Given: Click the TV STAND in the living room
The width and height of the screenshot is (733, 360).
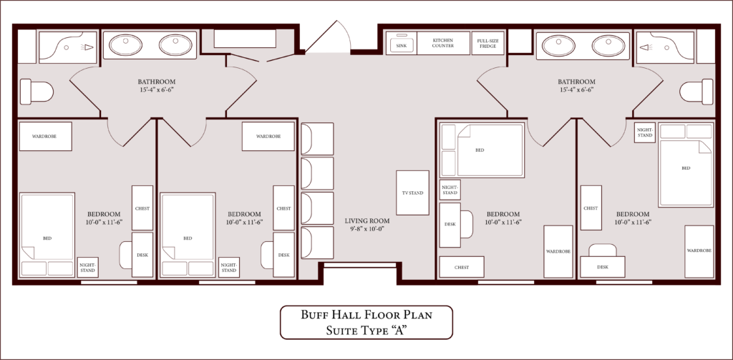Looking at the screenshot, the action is click(412, 193).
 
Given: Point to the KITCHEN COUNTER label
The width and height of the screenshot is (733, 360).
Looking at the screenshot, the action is click(442, 43).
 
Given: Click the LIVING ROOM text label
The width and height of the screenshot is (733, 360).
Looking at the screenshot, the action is click(367, 220).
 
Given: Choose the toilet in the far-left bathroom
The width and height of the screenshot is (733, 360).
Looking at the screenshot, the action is click(37, 91).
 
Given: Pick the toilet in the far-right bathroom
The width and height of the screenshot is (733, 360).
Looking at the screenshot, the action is click(696, 91).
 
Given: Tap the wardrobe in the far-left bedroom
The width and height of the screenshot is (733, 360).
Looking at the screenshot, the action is click(45, 137).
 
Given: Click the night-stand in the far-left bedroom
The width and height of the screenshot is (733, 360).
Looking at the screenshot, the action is click(87, 267).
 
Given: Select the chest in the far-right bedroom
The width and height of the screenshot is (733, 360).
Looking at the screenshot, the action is click(591, 208).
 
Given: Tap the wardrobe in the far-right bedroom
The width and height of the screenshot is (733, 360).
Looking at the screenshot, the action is click(699, 251).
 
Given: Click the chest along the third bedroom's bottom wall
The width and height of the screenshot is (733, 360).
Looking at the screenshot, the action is click(462, 267).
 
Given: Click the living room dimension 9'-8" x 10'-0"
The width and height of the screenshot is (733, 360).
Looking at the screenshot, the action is click(367, 229).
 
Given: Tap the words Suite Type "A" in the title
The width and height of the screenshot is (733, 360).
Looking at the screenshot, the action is click(366, 330).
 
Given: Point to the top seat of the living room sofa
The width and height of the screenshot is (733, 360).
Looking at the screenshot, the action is click(317, 138).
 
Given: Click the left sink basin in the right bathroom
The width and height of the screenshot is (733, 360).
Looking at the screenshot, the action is click(558, 45).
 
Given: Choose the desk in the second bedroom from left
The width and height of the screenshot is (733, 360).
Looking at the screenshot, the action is click(283, 255).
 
